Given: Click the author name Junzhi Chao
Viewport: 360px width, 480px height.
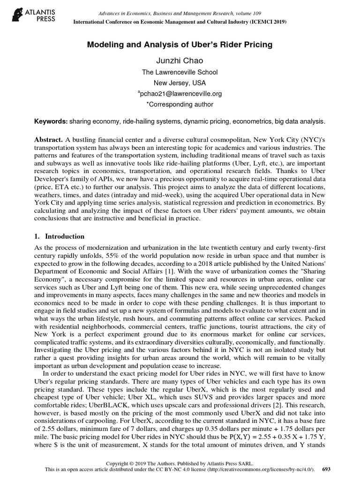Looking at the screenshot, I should click(180, 61).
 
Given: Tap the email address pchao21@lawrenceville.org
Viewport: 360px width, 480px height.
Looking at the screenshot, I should click(180, 94).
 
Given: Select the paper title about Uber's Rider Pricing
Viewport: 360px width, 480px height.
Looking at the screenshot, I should click(180, 45).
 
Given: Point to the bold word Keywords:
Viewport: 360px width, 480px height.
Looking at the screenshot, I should click(51, 121).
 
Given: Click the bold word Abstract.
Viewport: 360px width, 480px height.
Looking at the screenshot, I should click(49, 140).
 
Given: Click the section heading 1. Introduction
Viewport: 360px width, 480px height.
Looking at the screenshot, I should click(60, 236).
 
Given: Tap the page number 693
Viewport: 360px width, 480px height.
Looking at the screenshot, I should click(327, 469).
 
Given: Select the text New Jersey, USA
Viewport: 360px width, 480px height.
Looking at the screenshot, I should click(180, 83).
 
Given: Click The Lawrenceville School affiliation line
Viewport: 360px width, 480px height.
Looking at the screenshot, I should click(180, 72).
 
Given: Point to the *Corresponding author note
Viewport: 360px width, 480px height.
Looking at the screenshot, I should click(180, 105).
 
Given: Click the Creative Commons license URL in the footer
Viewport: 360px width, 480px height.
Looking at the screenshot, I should click(254, 469).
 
